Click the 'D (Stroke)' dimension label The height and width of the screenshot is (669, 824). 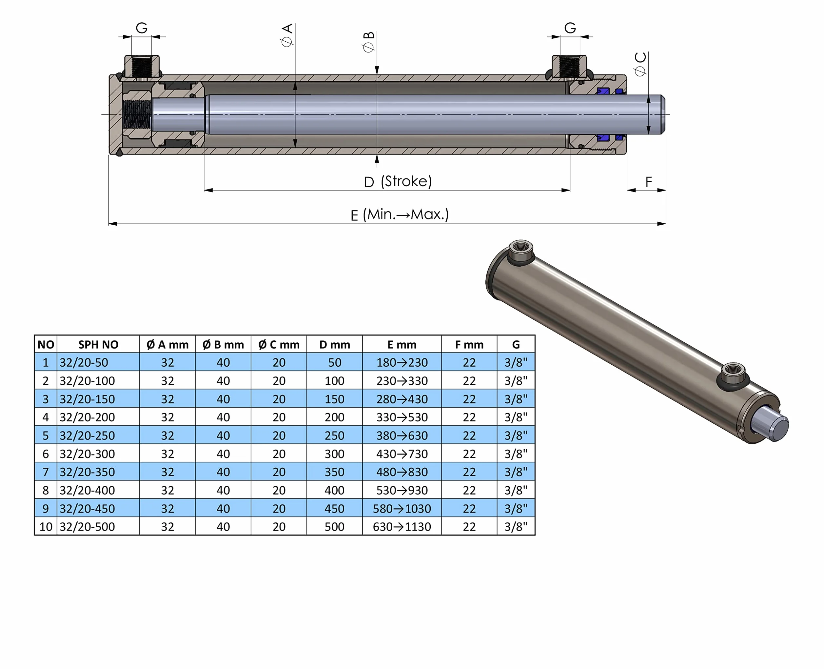point(398,181)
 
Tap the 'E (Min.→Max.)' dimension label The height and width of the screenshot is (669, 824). point(400,214)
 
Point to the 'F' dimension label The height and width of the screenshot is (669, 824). point(649,182)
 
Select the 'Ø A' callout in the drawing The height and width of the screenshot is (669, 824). point(287,35)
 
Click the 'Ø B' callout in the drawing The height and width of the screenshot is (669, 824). point(368,42)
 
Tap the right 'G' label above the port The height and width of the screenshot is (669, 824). point(570,28)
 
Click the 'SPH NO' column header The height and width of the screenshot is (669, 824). point(98,345)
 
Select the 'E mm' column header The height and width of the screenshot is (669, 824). point(402,345)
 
